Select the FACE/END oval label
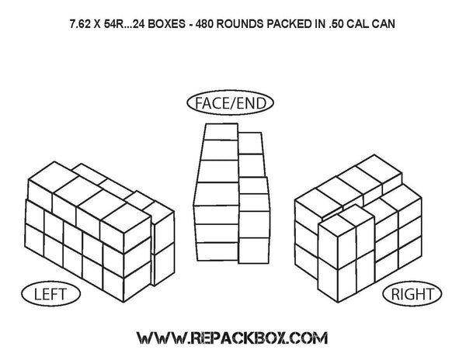(232, 102)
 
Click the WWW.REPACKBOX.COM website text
(232, 338)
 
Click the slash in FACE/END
(231, 102)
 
